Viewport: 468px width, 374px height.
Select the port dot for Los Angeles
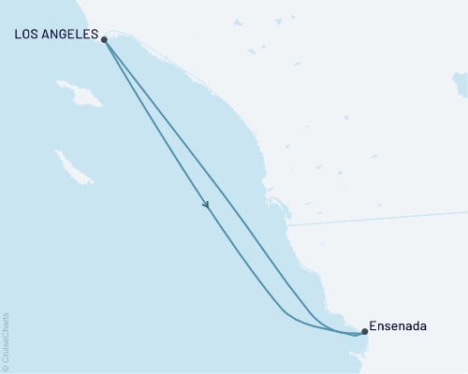tap(104, 40)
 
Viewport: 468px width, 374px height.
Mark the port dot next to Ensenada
tap(364, 331)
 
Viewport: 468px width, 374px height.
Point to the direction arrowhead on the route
tap(205, 205)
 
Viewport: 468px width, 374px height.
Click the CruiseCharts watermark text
tap(6, 337)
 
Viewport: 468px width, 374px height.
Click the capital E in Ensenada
tap(374, 327)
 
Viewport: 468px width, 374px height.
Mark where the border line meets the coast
tap(286, 226)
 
